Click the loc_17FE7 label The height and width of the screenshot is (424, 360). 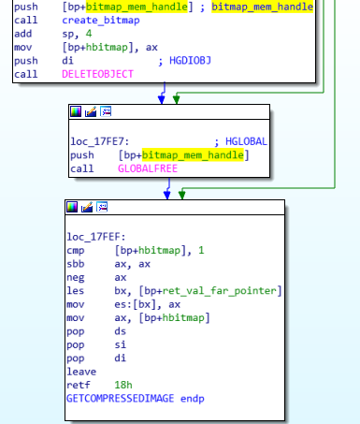(99, 140)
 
